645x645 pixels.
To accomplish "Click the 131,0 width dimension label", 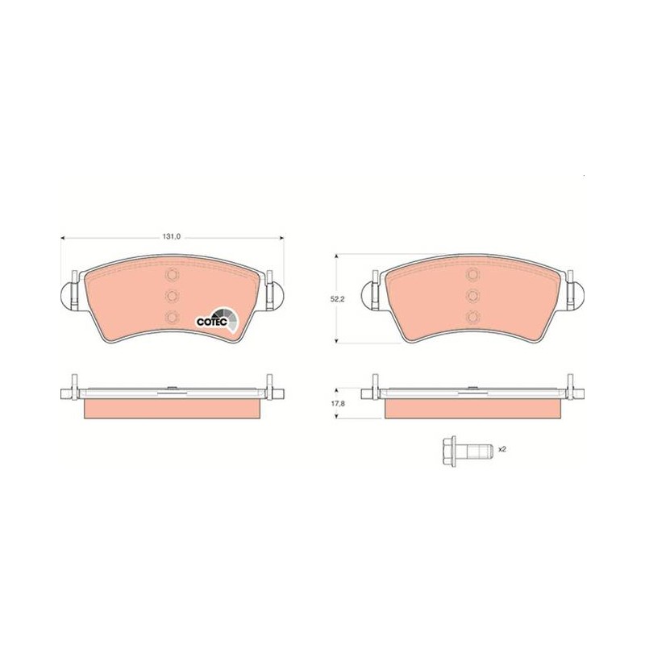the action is coord(172,237).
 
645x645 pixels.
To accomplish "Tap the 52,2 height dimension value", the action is coord(337,299).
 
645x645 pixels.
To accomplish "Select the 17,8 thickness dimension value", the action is coord(337,404).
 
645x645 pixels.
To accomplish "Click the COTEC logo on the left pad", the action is coord(217,320).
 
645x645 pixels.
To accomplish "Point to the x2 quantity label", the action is coord(501,449).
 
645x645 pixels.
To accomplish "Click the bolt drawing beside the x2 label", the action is coord(467,451).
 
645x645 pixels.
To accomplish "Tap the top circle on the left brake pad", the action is coord(172,274).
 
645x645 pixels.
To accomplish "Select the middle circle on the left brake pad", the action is coord(172,295).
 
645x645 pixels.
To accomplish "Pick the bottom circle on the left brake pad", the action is coord(172,317).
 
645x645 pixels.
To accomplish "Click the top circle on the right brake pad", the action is coord(472,274).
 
